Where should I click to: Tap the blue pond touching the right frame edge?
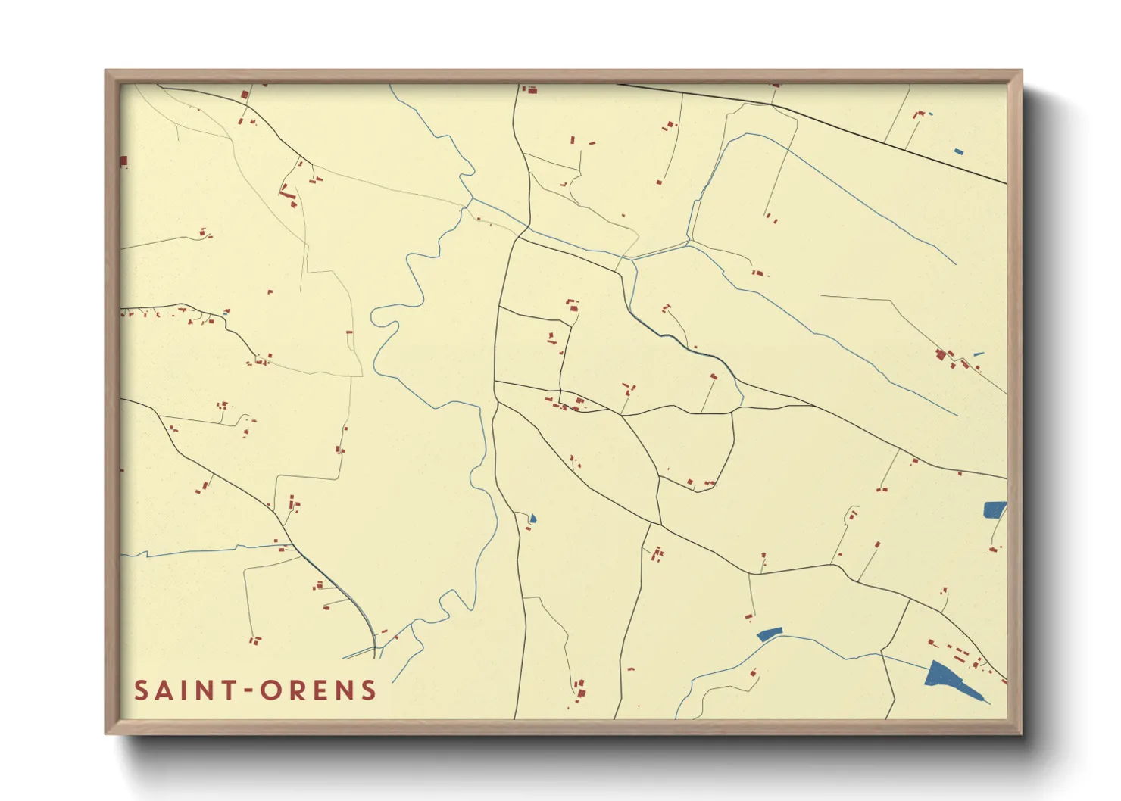[x=995, y=509]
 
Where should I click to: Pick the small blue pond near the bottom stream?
[x=768, y=634]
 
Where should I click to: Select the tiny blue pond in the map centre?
[x=532, y=519]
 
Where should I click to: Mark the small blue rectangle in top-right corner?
[x=958, y=151]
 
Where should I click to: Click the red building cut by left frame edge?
[x=123, y=161]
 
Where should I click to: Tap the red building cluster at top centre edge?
[x=530, y=89]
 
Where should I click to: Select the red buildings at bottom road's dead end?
[x=580, y=690]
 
